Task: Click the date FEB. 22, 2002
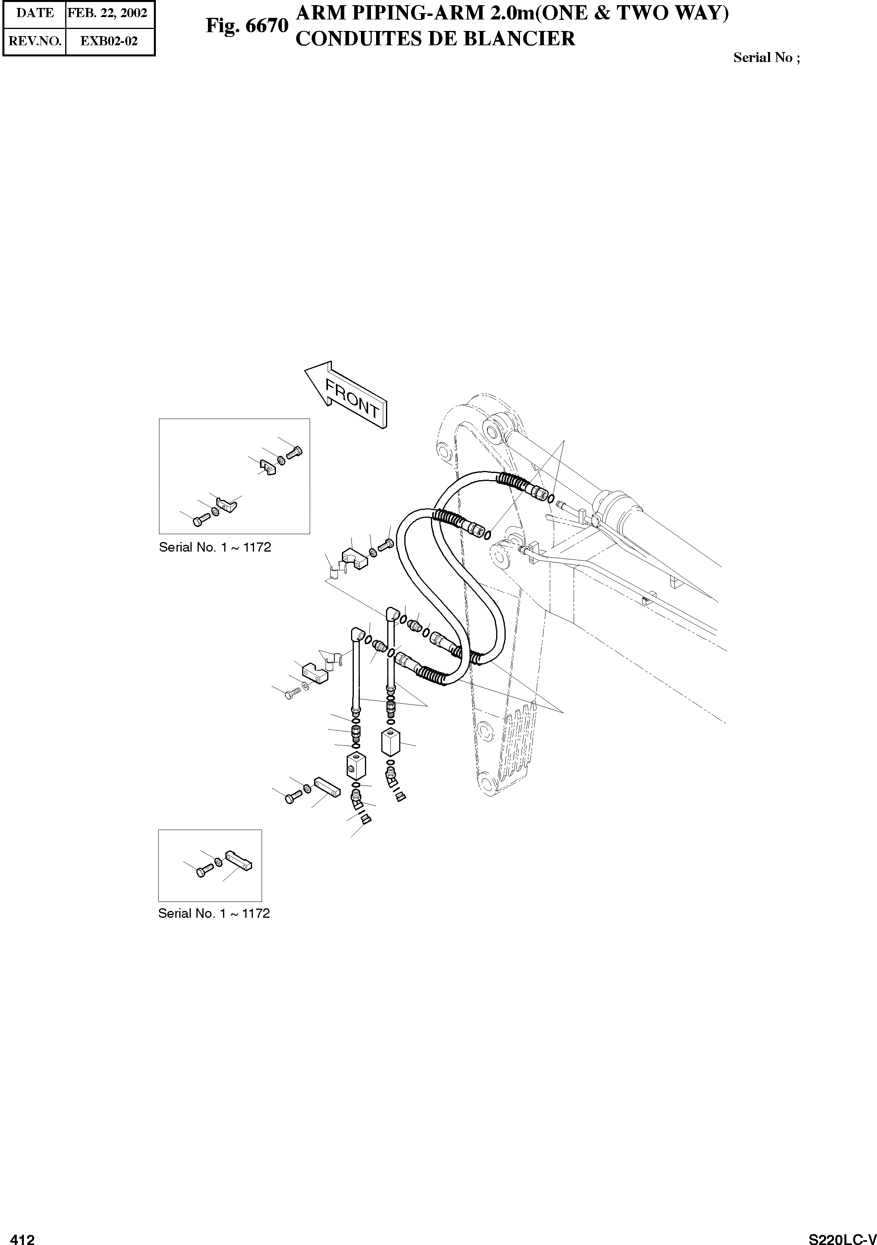pyautogui.click(x=107, y=13)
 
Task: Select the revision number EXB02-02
pyautogui.click(x=109, y=41)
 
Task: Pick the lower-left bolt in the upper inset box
pyautogui.click(x=199, y=520)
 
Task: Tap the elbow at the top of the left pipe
pyautogui.click(x=358, y=634)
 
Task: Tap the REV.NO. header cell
pyautogui.click(x=35, y=41)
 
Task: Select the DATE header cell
pyautogui.click(x=35, y=13)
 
